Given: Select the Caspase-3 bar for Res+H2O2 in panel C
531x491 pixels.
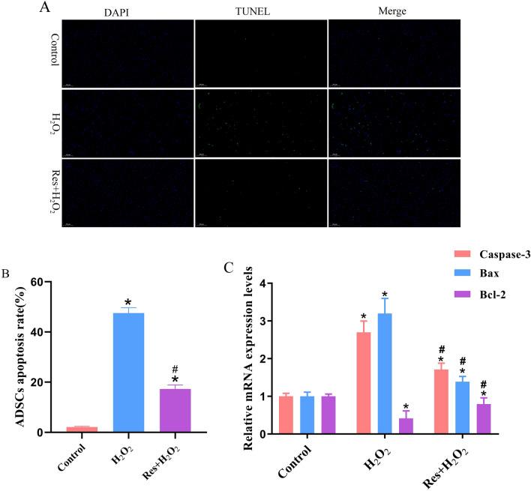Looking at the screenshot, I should (439, 401).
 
